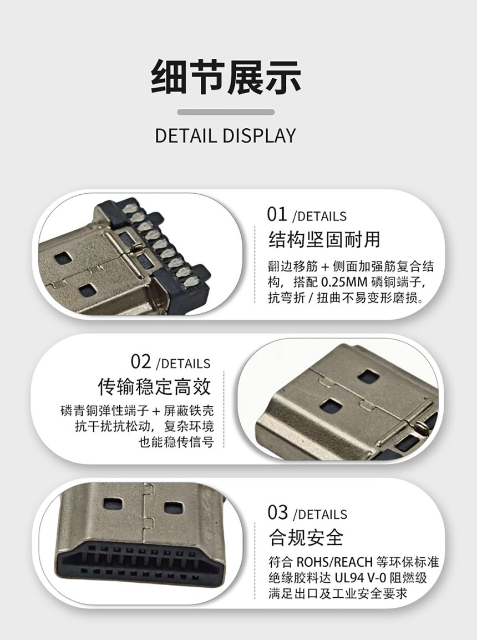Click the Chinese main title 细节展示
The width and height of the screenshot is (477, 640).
tap(226, 77)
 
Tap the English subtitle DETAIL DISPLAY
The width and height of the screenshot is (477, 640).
tap(225, 135)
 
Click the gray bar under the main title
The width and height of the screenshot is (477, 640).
tap(226, 112)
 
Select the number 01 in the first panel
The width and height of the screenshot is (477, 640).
tap(277, 214)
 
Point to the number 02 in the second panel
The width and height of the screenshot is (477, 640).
tap(141, 362)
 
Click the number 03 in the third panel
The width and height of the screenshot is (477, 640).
tap(278, 513)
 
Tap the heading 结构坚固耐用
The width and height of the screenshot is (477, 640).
tap(324, 240)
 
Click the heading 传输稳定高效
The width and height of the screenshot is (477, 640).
tap(155, 386)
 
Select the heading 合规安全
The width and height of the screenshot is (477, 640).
tap(306, 537)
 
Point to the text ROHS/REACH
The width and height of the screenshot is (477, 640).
tap(334, 562)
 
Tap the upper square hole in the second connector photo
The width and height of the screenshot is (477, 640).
tap(368, 376)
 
